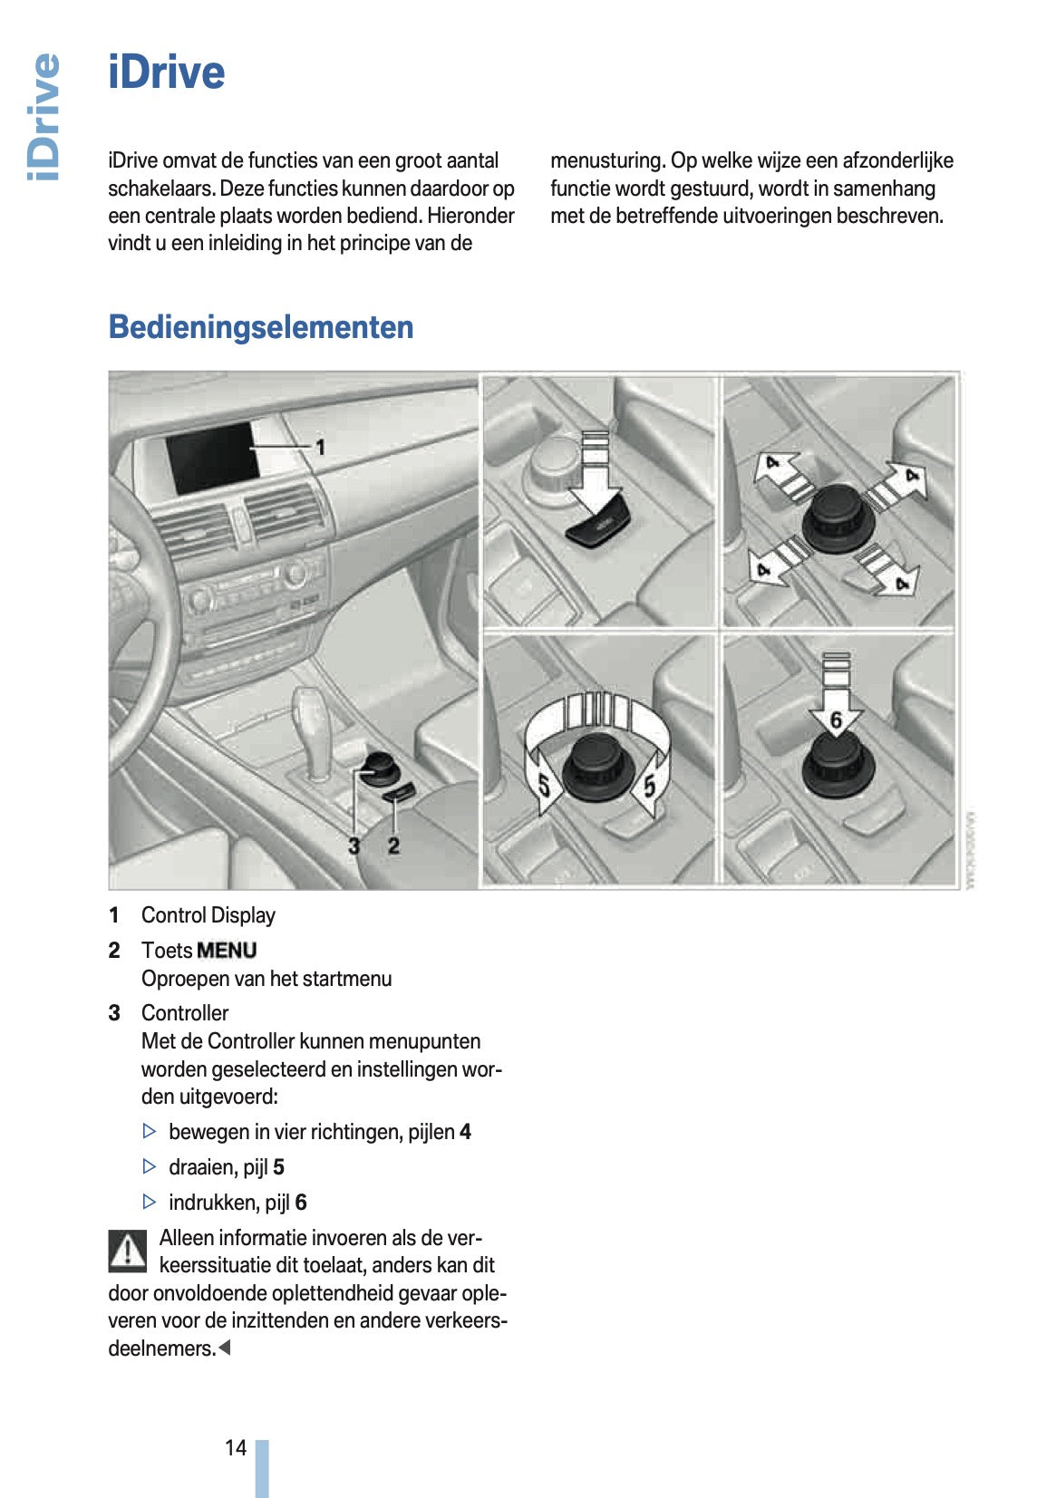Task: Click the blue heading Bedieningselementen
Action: point(260,327)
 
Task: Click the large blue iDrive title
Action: point(166,72)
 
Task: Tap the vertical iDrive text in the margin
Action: point(44,117)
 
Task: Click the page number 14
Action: point(236,1447)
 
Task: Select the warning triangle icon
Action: point(128,1251)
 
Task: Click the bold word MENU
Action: point(227,951)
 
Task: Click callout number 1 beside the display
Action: point(319,447)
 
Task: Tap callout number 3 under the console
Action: point(354,846)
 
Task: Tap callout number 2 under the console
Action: point(393,846)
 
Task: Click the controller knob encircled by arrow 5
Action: point(596,770)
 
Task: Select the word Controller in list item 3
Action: point(185,1013)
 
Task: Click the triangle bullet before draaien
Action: point(150,1166)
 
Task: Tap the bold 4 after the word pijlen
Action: point(465,1132)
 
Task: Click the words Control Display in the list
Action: point(208,915)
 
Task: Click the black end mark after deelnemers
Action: point(225,1348)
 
